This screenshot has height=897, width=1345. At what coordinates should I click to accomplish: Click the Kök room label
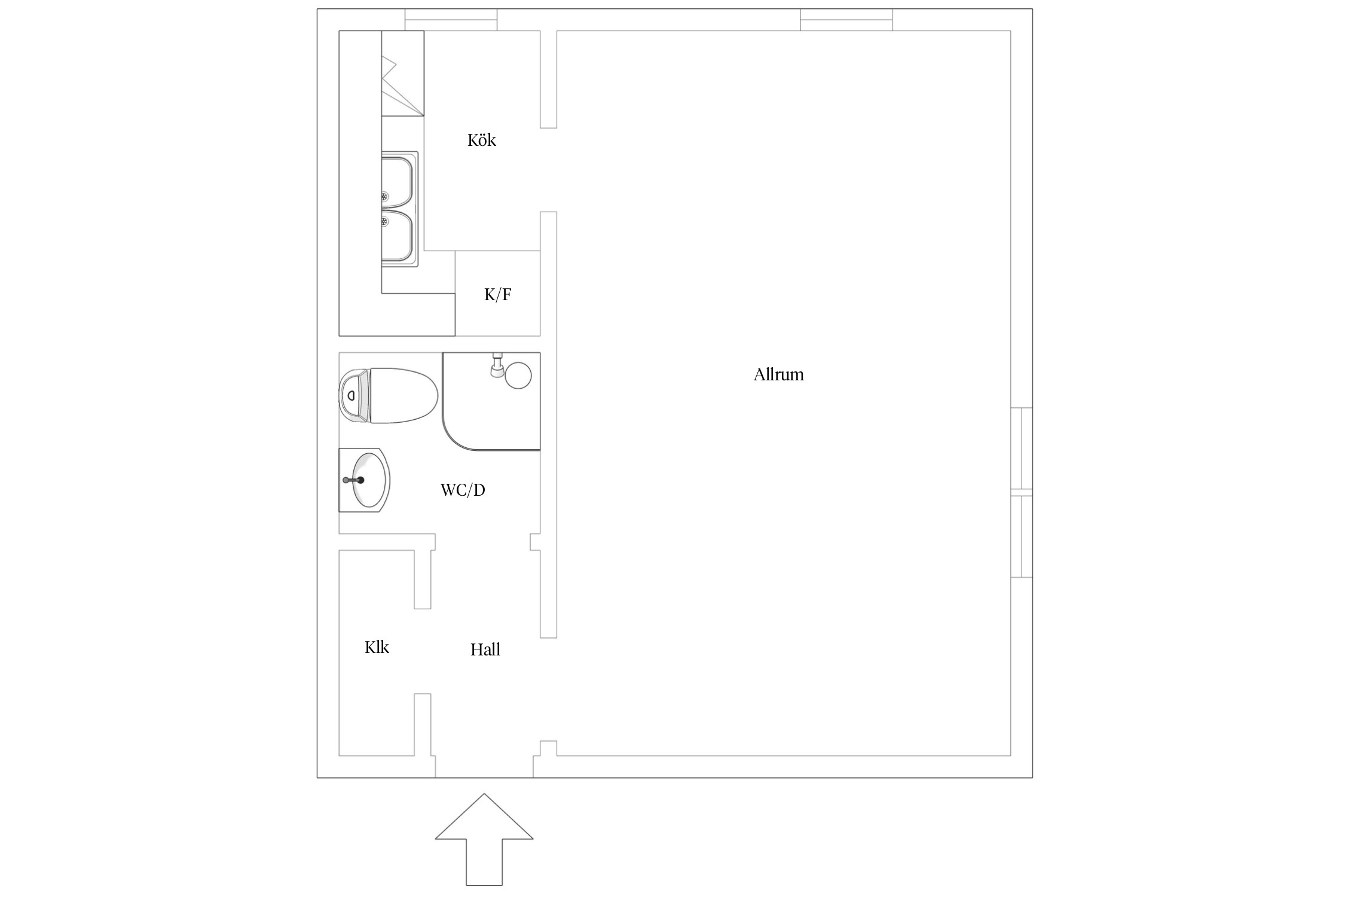482,140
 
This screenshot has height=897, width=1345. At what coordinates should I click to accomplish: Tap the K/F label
497,294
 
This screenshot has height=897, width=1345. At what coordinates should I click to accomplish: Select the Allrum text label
778,374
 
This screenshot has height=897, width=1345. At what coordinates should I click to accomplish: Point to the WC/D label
463,490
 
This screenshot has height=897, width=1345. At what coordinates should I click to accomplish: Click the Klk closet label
377,647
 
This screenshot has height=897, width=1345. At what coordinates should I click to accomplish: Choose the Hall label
485,649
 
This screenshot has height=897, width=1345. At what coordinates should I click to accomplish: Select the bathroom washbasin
365,480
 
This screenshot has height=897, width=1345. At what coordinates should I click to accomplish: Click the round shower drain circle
518,376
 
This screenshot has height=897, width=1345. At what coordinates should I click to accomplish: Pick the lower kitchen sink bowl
398,236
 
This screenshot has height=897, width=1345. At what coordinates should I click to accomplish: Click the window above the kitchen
451,20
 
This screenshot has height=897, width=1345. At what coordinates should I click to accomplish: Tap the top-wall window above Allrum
846,20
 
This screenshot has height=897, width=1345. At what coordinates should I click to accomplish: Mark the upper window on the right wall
1022,448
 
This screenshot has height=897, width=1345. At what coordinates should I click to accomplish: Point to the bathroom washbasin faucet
353,480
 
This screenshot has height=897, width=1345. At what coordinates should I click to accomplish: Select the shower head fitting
497,365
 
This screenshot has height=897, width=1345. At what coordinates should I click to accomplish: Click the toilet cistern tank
354,396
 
